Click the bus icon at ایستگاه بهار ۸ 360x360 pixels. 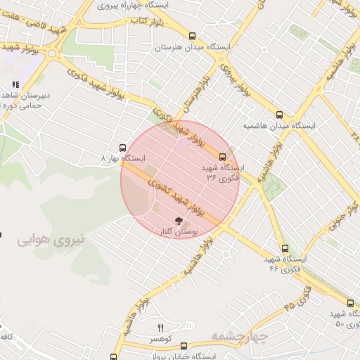pyautogui.click(x=123, y=148)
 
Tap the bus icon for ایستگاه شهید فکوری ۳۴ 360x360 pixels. pyautogui.click(x=223, y=157)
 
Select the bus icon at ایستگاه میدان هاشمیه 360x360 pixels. pyautogui.click(x=280, y=115)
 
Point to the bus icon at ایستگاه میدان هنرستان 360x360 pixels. pyautogui.click(x=192, y=36)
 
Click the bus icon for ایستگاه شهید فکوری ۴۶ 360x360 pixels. pyautogui.click(x=285, y=248)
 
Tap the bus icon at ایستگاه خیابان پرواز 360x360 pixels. pyautogui.click(x=184, y=346)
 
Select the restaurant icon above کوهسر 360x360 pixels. pyautogui.click(x=161, y=328)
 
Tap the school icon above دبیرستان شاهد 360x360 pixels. pyautogui.click(x=15, y=84)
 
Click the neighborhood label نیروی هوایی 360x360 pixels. pyautogui.click(x=50, y=240)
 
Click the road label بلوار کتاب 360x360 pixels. pyautogui.click(x=147, y=21)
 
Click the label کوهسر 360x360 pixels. pyautogui.click(x=160, y=339)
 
